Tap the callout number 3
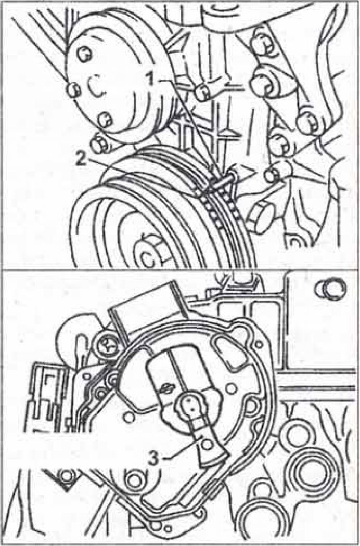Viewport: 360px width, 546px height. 153,458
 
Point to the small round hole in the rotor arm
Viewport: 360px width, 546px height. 207,444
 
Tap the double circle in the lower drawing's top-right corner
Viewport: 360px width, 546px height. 330,289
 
